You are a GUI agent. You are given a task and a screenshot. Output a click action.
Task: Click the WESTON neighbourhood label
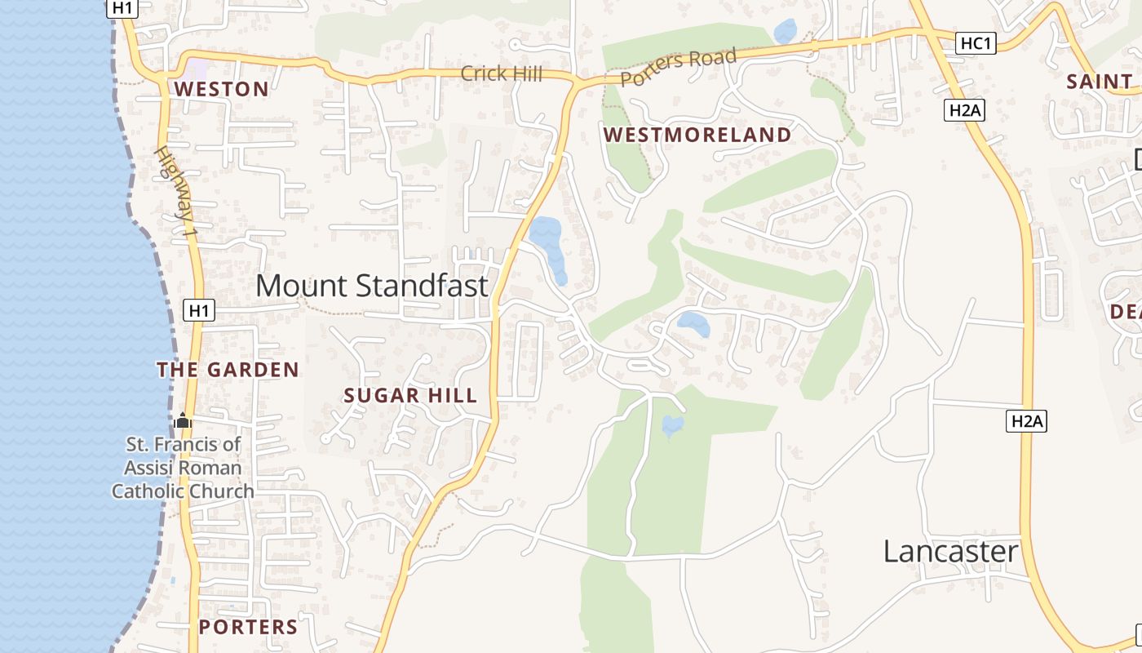[x=221, y=89]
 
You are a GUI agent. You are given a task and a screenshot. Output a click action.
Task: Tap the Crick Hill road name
[x=501, y=73]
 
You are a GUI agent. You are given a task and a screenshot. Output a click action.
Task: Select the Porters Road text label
[x=679, y=68]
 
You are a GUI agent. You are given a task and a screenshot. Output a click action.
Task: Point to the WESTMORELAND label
[x=697, y=135]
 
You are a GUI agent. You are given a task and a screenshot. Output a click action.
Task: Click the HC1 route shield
[x=976, y=43]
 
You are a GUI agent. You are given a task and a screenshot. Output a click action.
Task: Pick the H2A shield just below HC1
[x=964, y=110]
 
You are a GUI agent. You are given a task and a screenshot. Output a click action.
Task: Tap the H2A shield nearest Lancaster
[x=1026, y=421]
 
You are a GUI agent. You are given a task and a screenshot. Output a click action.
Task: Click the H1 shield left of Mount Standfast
[x=199, y=310]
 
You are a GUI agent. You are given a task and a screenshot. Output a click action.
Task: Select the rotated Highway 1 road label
[x=177, y=192]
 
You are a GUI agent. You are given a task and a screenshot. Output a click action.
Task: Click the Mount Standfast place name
[x=372, y=286]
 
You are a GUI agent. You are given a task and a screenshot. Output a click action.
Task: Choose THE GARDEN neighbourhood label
[x=228, y=370]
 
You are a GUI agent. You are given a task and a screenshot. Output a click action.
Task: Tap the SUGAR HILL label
[x=410, y=396]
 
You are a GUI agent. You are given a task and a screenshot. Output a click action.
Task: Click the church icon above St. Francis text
[x=183, y=421]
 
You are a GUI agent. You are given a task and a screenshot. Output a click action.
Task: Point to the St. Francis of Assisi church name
[x=183, y=468]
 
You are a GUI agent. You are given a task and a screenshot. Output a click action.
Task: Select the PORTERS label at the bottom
[x=249, y=627]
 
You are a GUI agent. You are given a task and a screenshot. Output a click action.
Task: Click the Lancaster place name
[x=951, y=552]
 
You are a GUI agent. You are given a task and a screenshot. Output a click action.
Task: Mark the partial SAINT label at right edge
[x=1100, y=82]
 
